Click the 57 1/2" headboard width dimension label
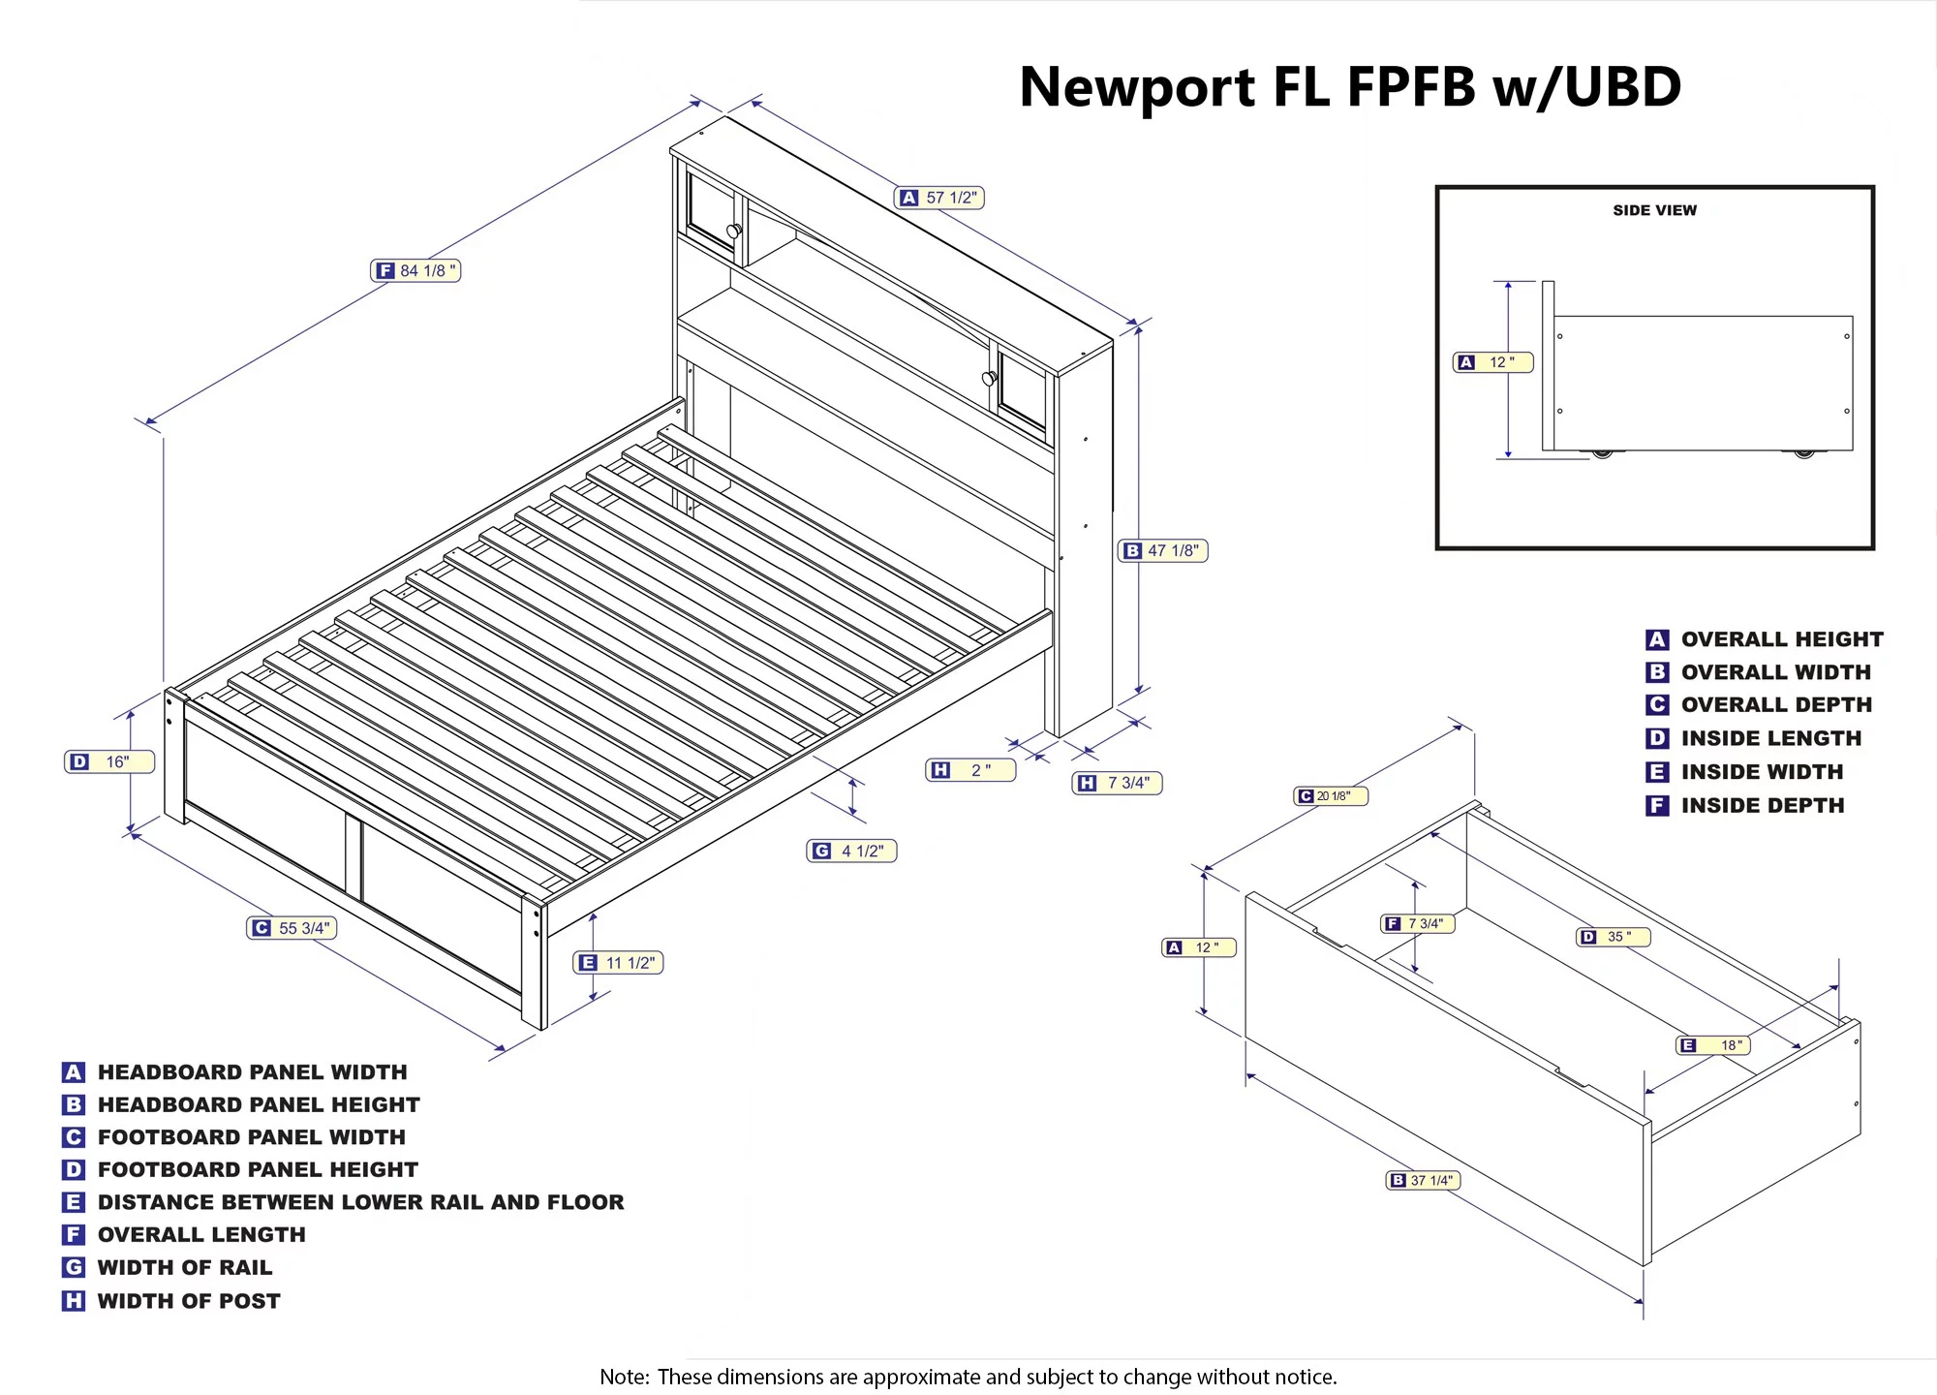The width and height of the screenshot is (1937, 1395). (938, 198)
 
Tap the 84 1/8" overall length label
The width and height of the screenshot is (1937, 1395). (415, 270)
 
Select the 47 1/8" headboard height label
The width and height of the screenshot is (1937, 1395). (1162, 550)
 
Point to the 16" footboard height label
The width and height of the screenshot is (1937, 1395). (109, 761)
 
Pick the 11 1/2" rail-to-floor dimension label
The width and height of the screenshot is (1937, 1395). (618, 963)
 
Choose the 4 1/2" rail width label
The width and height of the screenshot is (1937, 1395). (851, 851)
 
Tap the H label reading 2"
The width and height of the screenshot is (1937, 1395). (970, 770)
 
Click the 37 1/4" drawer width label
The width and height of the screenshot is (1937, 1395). (1423, 1180)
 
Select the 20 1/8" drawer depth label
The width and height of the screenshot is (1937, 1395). (1331, 796)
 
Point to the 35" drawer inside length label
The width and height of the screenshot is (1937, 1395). (1614, 937)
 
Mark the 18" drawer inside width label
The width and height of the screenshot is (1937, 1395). (1713, 1045)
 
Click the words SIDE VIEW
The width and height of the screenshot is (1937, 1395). (1654, 210)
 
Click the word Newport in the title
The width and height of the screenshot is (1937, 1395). (1137, 87)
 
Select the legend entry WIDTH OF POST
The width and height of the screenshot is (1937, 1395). (188, 1301)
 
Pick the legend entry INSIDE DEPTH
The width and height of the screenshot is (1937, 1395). (1762, 805)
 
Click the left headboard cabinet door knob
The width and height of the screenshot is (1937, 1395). (734, 231)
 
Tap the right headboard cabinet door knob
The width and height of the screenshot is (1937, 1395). (989, 378)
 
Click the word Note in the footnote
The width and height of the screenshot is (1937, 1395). (623, 1377)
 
